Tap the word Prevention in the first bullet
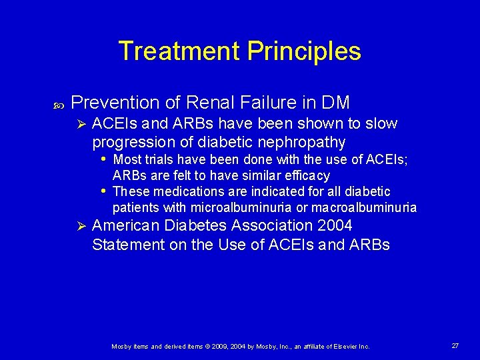click(x=115, y=103)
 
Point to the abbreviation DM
click(x=335, y=103)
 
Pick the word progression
click(x=132, y=142)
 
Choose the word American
click(x=127, y=226)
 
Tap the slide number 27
click(x=455, y=345)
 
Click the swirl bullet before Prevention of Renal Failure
click(x=57, y=104)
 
